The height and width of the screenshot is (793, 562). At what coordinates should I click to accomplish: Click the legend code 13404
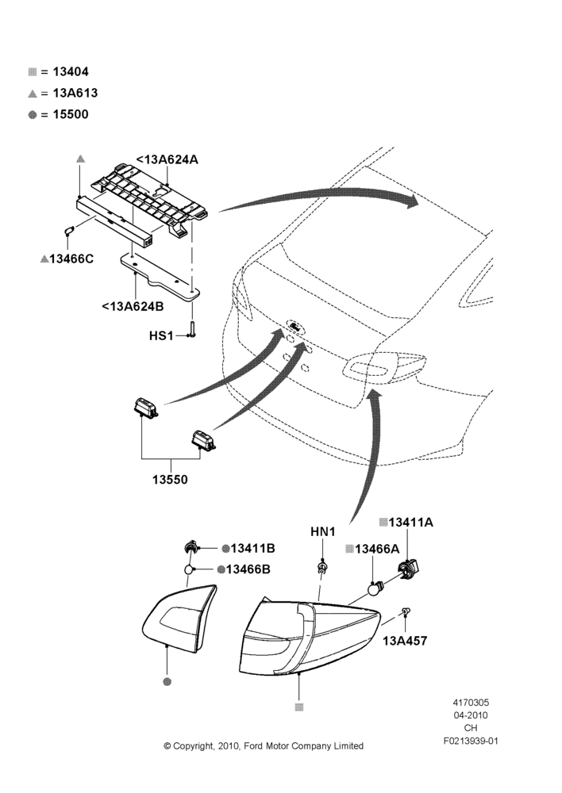(71, 72)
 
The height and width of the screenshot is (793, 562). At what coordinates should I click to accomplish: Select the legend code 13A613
(75, 93)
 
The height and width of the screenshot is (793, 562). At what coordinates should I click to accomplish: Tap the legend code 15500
(71, 114)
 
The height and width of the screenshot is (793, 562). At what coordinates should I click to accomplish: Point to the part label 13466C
(71, 259)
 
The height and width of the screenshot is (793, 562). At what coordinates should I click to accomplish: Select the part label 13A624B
(133, 306)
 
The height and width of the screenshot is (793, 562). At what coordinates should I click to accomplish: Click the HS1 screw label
(161, 335)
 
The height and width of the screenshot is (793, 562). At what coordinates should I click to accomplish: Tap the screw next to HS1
(192, 329)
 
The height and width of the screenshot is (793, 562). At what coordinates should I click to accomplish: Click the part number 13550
(170, 480)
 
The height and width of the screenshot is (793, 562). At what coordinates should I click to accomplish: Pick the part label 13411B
(252, 548)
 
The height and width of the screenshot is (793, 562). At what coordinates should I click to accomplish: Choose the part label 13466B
(248, 569)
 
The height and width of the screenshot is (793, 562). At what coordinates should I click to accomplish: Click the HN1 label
(323, 531)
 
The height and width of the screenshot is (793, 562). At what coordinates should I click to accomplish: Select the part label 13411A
(410, 523)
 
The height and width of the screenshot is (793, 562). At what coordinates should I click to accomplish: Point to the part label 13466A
(377, 550)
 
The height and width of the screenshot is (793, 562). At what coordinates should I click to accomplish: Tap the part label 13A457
(405, 641)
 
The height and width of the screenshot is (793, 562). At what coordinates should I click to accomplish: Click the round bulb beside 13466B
(189, 570)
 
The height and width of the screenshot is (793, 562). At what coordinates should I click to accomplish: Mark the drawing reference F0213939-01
(471, 741)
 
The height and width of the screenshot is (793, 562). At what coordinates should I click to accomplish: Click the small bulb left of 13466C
(69, 232)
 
